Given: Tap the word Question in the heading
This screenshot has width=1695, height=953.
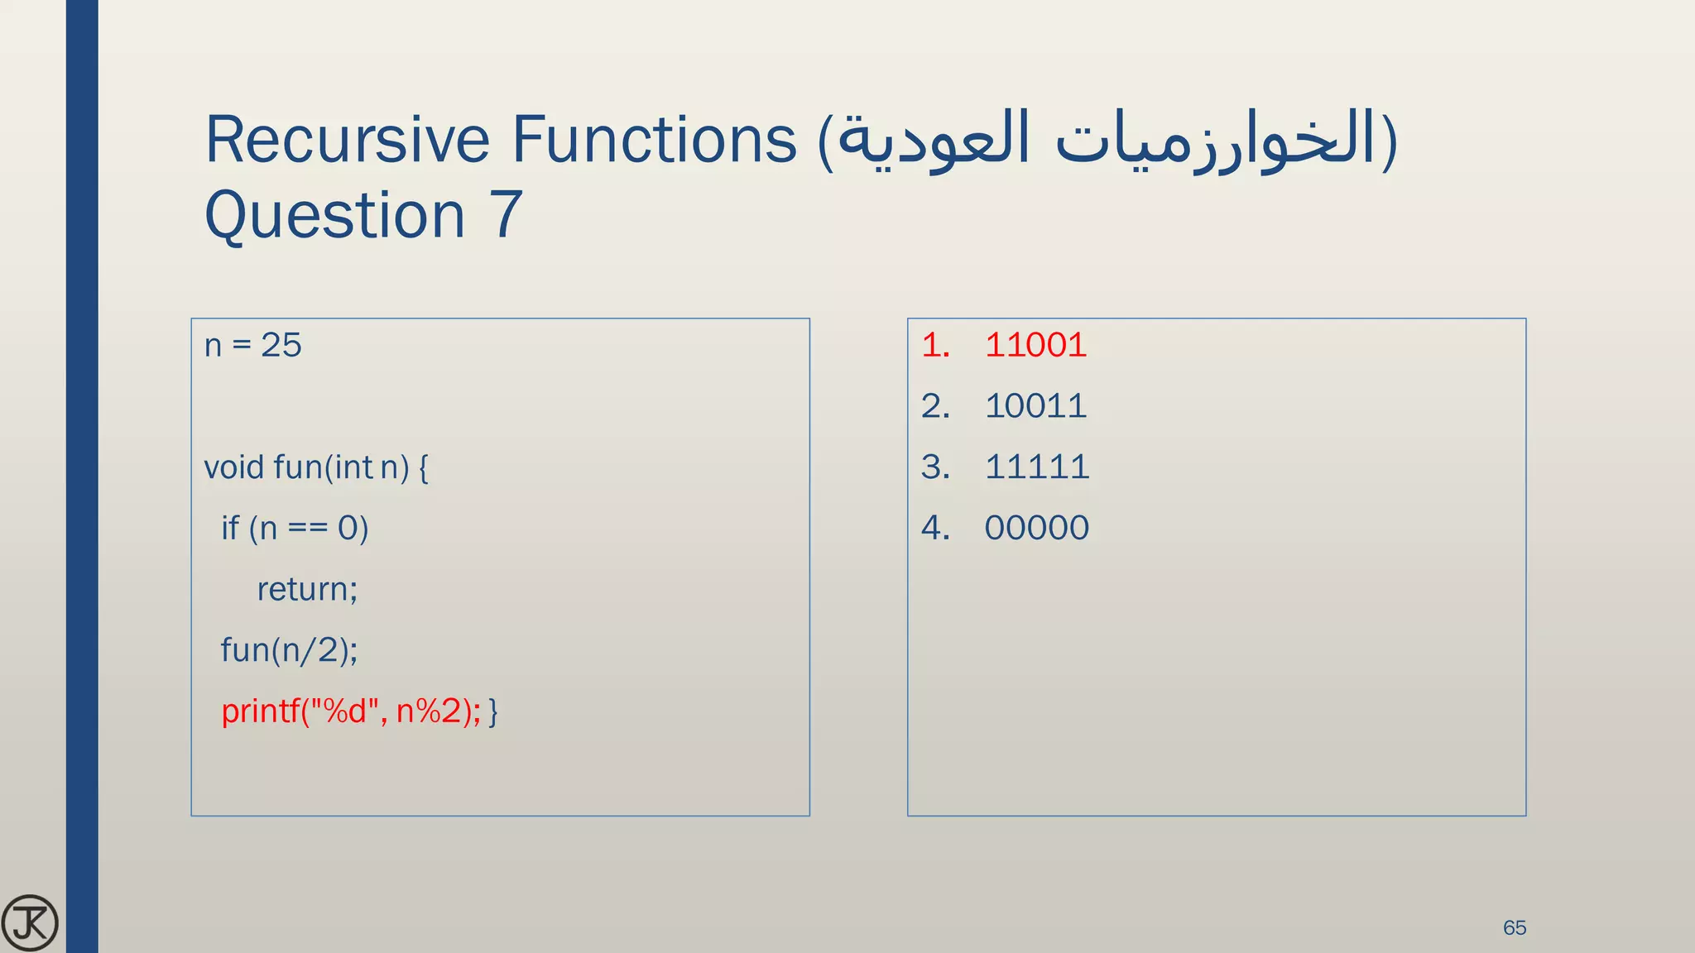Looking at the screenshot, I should click(x=334, y=215).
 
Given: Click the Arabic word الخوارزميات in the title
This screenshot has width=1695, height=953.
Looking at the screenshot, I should click(x=1217, y=139).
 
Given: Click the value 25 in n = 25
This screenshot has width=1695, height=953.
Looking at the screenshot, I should click(x=281, y=345).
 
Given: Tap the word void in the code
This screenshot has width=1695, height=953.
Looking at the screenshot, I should click(x=233, y=467).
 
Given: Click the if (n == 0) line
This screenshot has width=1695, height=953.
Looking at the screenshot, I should click(x=294, y=528).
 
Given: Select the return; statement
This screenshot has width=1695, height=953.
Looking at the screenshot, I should click(x=307, y=589).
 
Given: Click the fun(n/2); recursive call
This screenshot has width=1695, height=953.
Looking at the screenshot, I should click(x=289, y=650).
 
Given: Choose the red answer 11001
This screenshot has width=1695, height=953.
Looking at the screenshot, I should click(x=1035, y=345).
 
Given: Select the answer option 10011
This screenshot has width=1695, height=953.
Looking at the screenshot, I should click(x=1035, y=406).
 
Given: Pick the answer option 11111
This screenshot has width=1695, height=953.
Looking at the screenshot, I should click(x=1036, y=467).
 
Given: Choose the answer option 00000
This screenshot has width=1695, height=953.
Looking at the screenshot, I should click(x=1036, y=528).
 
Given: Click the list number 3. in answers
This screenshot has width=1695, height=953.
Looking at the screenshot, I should click(x=935, y=467).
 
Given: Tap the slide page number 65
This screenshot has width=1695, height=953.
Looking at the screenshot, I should click(x=1515, y=927).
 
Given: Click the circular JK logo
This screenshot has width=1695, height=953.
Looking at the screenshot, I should click(x=30, y=923).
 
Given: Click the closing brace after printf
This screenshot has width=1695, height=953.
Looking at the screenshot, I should click(x=493, y=711).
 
